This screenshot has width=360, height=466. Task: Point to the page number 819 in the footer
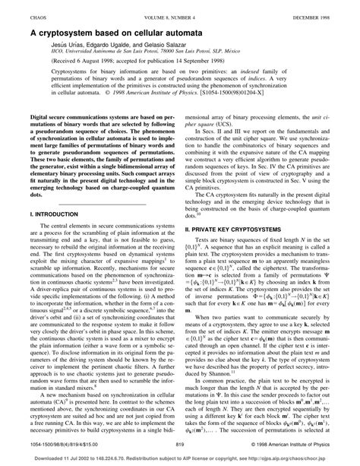coord(179,445)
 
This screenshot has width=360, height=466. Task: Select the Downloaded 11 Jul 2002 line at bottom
coord(179,459)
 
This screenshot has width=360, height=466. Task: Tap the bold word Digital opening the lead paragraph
coord(43,118)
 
